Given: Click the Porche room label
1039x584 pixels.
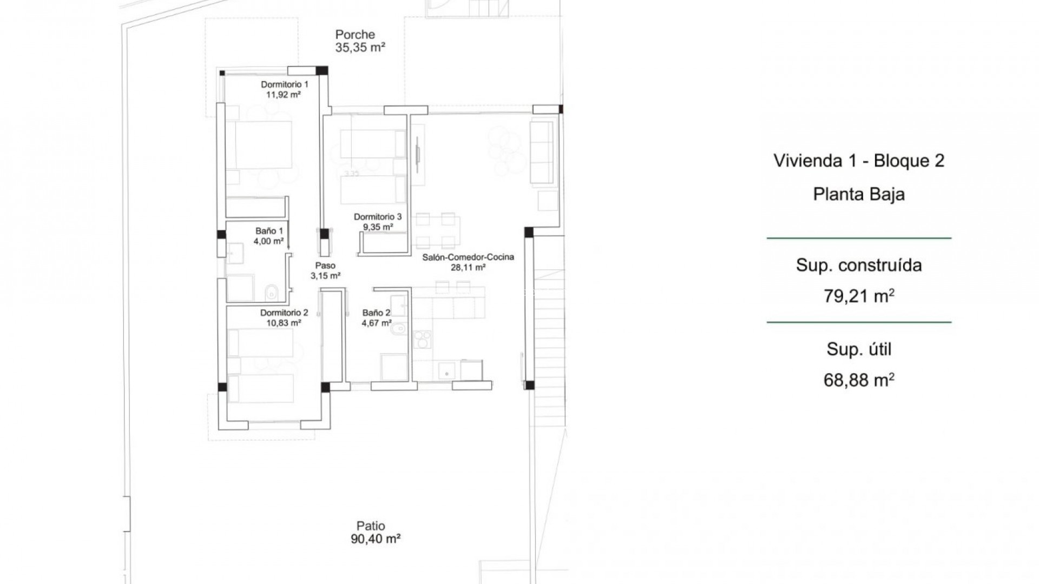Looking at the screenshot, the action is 354,35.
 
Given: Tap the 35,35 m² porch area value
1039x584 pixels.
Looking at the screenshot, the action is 360,48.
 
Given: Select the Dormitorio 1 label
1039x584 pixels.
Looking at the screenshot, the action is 285,84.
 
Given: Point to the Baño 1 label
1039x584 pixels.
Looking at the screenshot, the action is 269,231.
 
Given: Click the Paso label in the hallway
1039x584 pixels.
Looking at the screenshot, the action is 325,266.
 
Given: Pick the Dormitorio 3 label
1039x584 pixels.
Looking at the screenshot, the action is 378,217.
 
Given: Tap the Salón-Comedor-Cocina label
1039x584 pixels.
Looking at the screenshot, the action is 468,257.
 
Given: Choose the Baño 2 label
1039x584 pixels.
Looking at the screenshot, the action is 376,313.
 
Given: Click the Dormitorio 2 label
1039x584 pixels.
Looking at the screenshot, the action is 284,313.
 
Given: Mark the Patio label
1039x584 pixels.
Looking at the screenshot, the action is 371,526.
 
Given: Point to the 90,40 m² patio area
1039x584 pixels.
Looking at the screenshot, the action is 375,539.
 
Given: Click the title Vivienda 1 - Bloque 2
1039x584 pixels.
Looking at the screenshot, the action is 859,161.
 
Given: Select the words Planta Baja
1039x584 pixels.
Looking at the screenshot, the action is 859,194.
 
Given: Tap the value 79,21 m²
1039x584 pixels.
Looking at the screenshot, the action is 859,296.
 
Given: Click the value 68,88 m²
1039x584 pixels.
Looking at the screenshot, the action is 859,380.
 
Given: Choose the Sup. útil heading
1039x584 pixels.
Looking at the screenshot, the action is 859,349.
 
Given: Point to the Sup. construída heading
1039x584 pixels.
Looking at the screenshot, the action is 859,265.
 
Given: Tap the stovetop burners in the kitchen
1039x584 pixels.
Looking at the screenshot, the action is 423,340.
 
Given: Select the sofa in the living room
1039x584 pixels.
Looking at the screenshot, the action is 543,152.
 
